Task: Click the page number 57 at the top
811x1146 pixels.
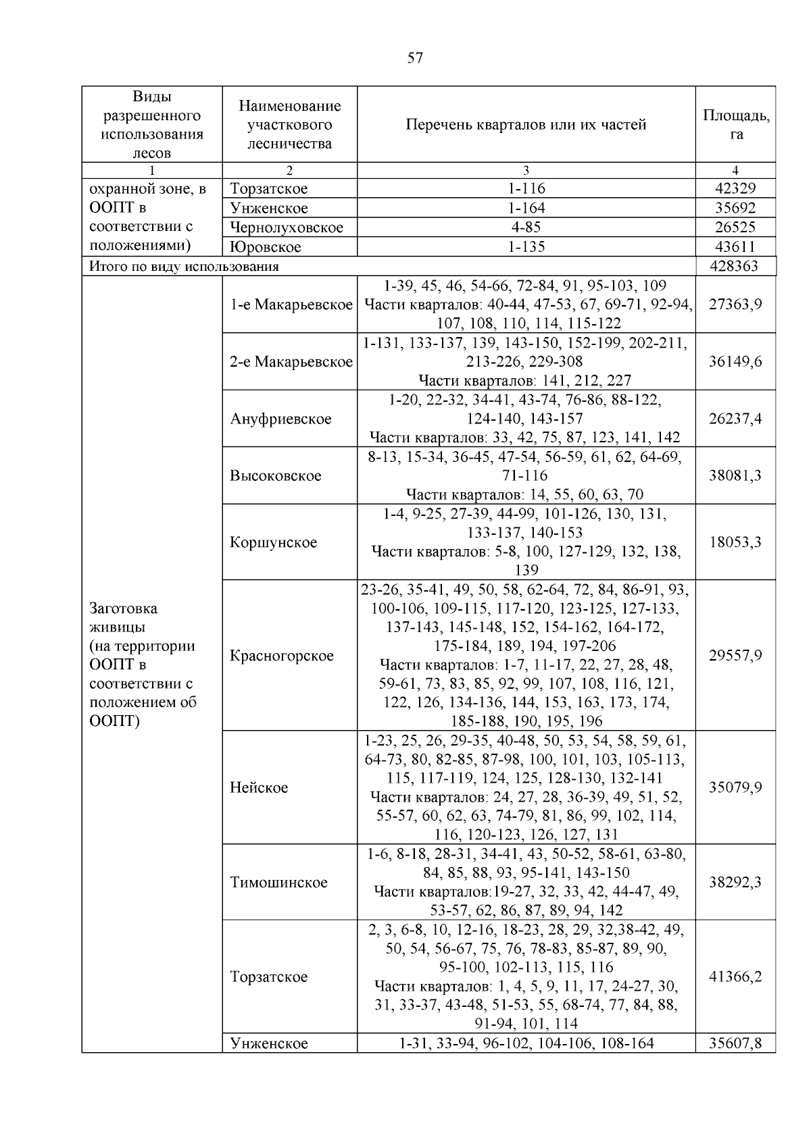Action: pos(415,58)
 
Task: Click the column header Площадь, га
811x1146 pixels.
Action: pos(735,124)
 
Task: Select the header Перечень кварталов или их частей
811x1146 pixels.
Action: pos(526,124)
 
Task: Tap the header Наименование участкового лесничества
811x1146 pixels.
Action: pos(289,124)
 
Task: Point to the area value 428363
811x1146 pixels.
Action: pos(735,266)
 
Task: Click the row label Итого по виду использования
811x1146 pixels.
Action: pos(184,266)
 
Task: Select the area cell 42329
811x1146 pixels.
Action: pos(735,189)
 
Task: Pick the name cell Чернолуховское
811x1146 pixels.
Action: pos(287,228)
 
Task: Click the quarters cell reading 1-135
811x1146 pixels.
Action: pos(526,247)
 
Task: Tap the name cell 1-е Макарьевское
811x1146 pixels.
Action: pos(291,305)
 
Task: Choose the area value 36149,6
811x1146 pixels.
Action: pos(735,361)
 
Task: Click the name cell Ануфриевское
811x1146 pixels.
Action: pos(280,419)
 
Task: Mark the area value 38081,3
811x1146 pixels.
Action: pos(735,475)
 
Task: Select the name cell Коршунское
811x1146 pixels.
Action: pos(273,542)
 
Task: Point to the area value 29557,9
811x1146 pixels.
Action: pos(735,656)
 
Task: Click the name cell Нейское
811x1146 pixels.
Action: pos(259,787)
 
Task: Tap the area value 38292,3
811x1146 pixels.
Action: pos(735,882)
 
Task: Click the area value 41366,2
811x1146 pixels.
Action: pos(735,976)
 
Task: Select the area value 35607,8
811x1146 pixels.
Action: pos(735,1043)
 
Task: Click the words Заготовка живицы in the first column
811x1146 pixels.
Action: pos(124,617)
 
